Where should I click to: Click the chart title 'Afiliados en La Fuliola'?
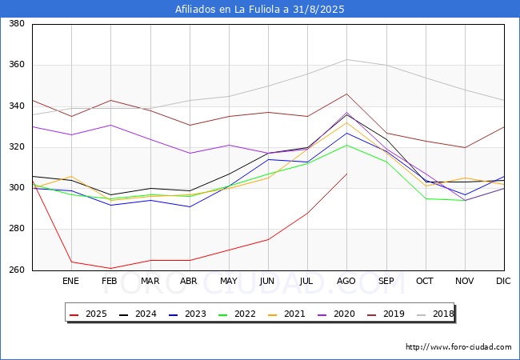260,10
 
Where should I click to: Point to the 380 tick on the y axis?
15,24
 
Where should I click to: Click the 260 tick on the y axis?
15,270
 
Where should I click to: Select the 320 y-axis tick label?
15,147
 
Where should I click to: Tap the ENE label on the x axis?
71,281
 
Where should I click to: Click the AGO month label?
346,281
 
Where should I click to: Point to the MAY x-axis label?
229,281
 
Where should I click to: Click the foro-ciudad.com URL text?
458,347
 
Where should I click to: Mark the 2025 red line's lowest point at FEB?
110,268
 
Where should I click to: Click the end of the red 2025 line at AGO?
346,174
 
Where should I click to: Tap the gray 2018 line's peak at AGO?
346,59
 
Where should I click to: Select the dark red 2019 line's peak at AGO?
346,94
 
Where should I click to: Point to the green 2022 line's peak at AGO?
346,145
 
